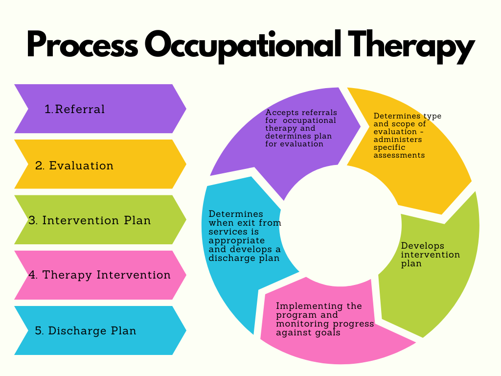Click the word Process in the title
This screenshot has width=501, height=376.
click(x=82, y=45)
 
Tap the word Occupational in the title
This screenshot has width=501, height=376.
click(x=243, y=46)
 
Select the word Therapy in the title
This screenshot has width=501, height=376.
click(x=411, y=47)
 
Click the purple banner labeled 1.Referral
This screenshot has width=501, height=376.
click(x=100, y=109)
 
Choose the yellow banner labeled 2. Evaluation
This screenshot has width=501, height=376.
click(x=100, y=164)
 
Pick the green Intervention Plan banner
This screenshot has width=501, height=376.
click(x=100, y=220)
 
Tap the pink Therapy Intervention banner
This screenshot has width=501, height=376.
click(x=100, y=275)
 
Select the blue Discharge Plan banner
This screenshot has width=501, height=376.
click(x=100, y=330)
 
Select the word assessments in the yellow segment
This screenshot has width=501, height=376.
click(x=399, y=155)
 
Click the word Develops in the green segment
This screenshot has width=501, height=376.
click(x=422, y=246)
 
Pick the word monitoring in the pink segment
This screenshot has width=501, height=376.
click(x=302, y=324)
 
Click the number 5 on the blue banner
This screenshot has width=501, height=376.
click(x=38, y=330)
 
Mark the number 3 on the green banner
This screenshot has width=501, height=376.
click(x=32, y=220)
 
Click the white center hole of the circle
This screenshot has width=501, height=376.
click(x=341, y=225)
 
